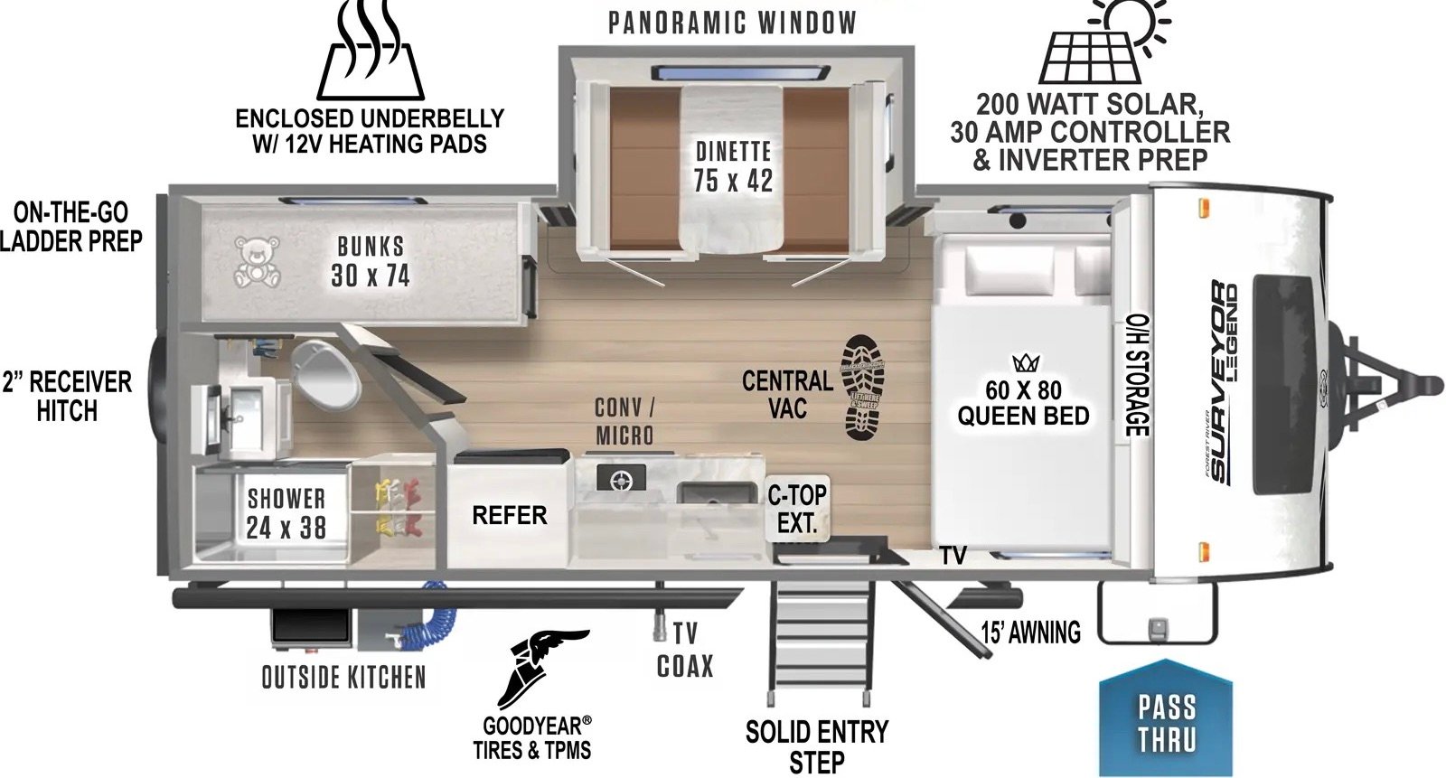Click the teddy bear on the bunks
[256, 262]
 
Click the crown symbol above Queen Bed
[1025, 363]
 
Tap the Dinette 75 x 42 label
[733, 165]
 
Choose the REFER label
[509, 515]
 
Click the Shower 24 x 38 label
[286, 512]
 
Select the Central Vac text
[787, 394]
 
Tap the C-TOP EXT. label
[796, 509]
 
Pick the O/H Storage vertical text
[1136, 374]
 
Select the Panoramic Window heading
[731, 23]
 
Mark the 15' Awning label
[1031, 633]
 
